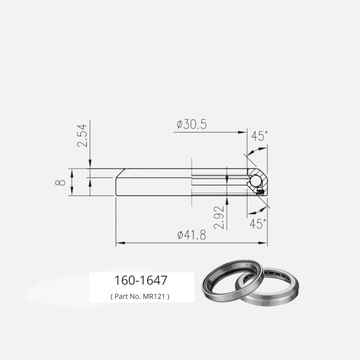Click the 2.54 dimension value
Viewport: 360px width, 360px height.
pos(82,136)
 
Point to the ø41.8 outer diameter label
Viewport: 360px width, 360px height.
pos(192,235)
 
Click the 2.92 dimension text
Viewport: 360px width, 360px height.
pos(219,217)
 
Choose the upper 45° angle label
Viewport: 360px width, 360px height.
pos(259,136)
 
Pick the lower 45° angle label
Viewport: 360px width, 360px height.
pos(258,224)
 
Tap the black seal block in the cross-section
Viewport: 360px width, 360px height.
pos(260,192)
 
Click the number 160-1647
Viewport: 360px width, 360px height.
pos(141,280)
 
